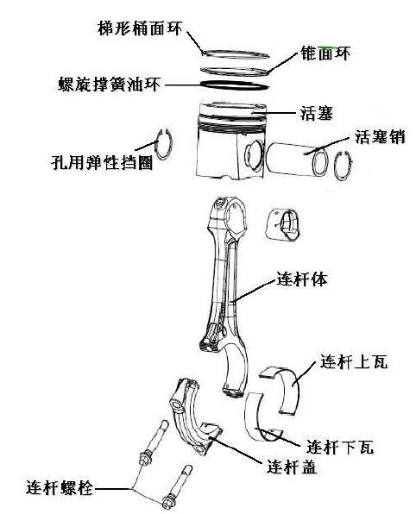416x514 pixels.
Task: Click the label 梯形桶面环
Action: pyautogui.click(x=140, y=28)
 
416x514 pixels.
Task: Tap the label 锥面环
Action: pyautogui.click(x=325, y=53)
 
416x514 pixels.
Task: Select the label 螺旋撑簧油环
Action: pyautogui.click(x=110, y=85)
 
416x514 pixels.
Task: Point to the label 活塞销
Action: pyautogui.click(x=380, y=137)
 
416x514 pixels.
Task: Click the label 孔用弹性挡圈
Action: pyautogui.click(x=102, y=162)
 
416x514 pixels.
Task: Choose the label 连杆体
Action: pyautogui.click(x=302, y=279)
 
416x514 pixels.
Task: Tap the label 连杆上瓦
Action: pyautogui.click(x=354, y=362)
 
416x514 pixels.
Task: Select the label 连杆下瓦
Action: pyautogui.click(x=340, y=446)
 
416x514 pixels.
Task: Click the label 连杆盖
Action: pyautogui.click(x=292, y=466)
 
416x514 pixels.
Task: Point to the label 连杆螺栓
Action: pyautogui.click(x=60, y=488)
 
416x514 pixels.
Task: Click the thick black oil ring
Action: pyautogui.click(x=235, y=85)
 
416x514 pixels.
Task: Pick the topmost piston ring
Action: pyautogui.click(x=236, y=54)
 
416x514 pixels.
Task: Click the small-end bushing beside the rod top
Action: pyautogui.click(x=282, y=224)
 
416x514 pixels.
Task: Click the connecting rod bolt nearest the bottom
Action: pyautogui.click(x=178, y=486)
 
